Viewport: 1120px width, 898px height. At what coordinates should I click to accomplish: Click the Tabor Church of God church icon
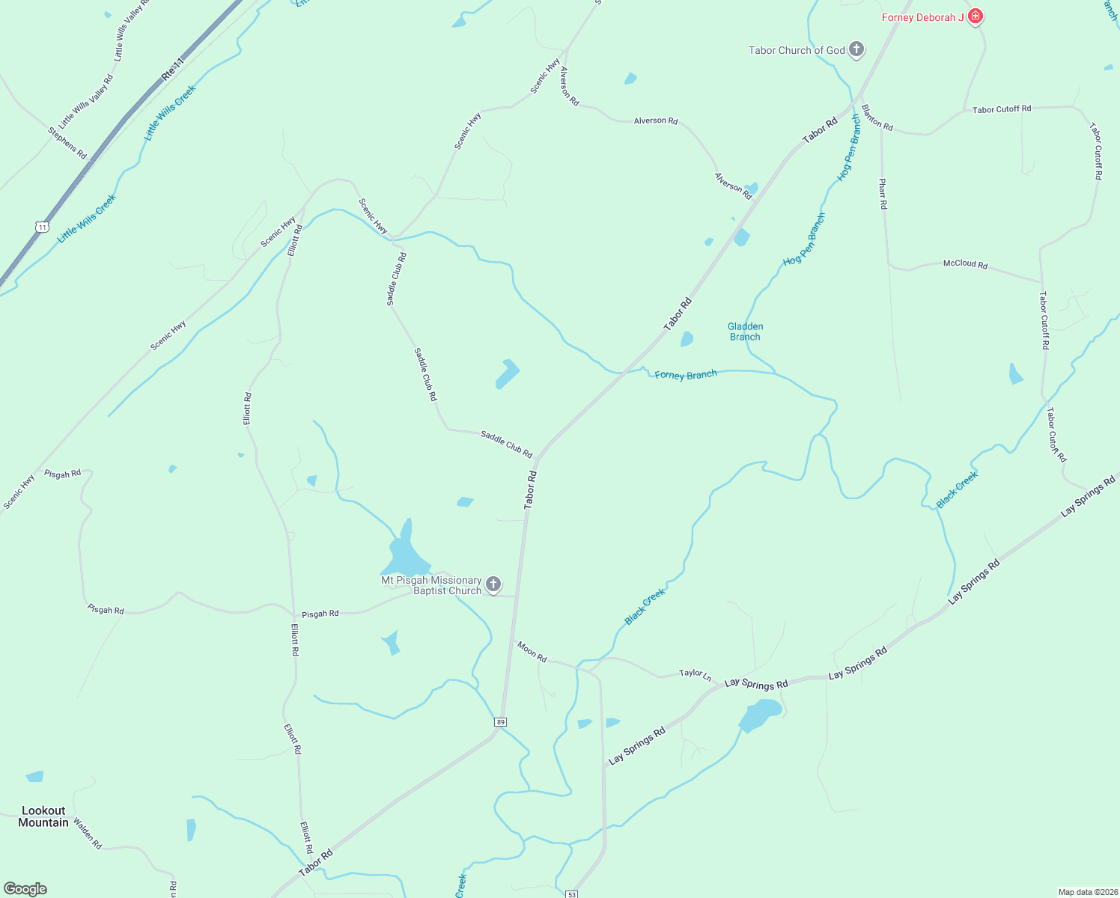point(856,50)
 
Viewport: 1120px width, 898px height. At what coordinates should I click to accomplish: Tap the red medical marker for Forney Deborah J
point(975,16)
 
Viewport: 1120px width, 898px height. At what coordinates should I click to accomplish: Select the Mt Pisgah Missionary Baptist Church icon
point(493,584)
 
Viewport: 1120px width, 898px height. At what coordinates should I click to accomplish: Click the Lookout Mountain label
point(43,816)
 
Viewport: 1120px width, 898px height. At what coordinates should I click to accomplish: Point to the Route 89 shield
point(501,722)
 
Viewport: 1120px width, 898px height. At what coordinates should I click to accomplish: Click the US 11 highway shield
point(42,226)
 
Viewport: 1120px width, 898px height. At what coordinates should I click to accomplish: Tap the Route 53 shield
point(572,894)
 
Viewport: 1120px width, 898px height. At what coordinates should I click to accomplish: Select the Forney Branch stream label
point(686,375)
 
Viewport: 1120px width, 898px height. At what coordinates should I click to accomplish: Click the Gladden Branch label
point(745,332)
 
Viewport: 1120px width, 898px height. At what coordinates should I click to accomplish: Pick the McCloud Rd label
point(965,264)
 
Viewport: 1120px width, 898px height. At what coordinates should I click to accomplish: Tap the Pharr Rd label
point(883,193)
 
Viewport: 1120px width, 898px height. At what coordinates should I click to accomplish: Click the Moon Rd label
point(532,652)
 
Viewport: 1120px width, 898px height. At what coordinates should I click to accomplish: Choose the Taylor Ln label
point(695,674)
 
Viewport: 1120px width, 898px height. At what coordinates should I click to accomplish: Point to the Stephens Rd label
point(67,143)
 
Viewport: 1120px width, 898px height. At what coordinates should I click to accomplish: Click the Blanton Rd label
point(877,118)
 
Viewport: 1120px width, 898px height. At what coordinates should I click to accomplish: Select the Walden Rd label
point(88,834)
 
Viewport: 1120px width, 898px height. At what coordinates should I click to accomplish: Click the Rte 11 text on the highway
point(172,70)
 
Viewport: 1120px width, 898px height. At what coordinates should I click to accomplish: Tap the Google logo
point(25,889)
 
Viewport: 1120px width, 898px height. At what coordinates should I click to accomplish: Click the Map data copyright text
point(1088,892)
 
